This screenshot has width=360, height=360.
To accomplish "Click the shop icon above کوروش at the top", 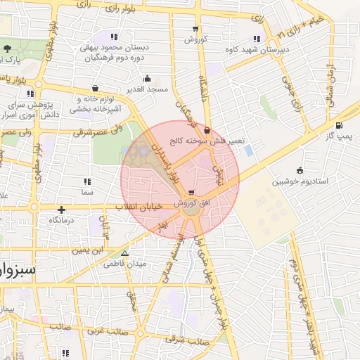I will [x=195, y=29].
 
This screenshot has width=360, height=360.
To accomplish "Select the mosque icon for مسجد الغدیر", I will [x=146, y=79].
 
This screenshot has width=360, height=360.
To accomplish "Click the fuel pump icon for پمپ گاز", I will [x=340, y=126].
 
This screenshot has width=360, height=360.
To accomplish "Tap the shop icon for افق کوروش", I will [x=193, y=193].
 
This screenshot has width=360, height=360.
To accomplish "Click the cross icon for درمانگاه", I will [x=62, y=210].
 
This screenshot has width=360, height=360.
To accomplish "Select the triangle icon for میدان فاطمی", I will [x=125, y=254].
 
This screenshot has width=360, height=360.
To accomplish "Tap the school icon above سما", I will [x=86, y=181].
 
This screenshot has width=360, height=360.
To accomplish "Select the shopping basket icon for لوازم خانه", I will [x=95, y=89].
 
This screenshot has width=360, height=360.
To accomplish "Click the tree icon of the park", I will [x=7, y=49].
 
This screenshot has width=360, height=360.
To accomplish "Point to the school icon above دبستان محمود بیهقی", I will [x=115, y=37].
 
